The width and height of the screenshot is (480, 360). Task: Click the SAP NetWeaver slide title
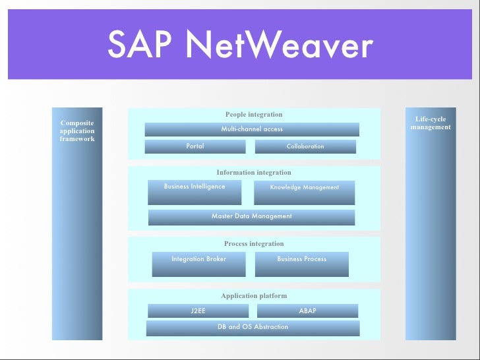point(240,46)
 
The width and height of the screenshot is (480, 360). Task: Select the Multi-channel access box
point(252,129)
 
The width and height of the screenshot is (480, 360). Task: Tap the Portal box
point(195,146)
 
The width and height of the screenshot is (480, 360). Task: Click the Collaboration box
point(305,146)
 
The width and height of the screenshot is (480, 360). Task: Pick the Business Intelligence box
point(195,192)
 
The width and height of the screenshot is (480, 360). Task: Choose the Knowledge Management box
point(304,192)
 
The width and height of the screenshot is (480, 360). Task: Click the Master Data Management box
point(251,217)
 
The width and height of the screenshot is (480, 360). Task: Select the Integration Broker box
point(198,264)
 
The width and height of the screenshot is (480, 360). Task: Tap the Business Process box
point(302,264)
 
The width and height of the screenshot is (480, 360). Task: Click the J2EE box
point(198,311)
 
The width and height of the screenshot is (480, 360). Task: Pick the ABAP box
point(307,311)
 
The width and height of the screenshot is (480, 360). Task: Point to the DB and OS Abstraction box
point(253,327)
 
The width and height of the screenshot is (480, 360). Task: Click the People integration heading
point(254,115)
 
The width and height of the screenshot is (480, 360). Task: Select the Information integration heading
point(254,173)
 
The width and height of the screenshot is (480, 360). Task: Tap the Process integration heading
point(254,244)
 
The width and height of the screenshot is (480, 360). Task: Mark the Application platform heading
point(254,296)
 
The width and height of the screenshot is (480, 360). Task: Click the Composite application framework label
point(77,131)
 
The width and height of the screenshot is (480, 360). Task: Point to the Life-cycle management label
point(431,123)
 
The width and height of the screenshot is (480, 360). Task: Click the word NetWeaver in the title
point(279,46)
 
